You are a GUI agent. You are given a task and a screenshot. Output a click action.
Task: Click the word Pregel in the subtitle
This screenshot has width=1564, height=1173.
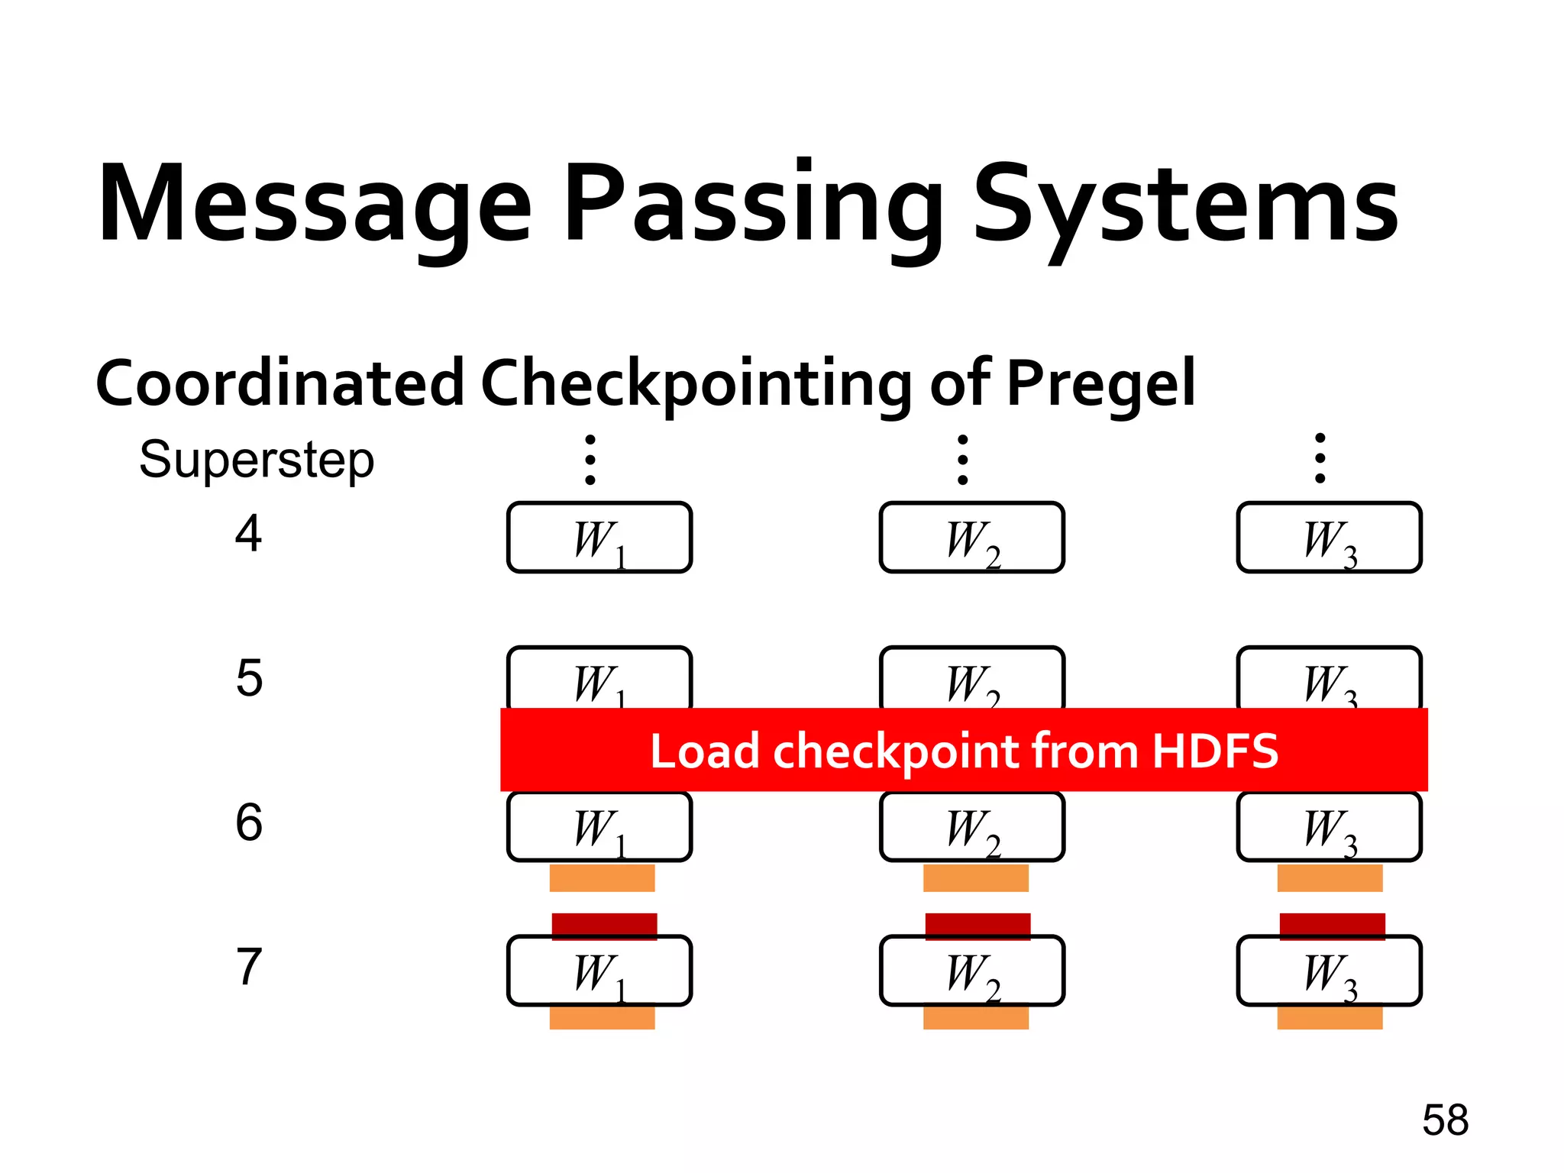click(x=1100, y=384)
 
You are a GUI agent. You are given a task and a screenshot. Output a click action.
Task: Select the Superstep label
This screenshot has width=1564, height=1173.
click(x=257, y=460)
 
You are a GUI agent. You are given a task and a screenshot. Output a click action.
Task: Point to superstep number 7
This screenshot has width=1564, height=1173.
click(x=249, y=967)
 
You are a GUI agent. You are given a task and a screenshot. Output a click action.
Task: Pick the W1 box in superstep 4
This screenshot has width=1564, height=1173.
click(x=599, y=538)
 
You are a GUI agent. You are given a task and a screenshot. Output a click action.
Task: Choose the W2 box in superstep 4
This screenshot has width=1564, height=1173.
click(x=971, y=538)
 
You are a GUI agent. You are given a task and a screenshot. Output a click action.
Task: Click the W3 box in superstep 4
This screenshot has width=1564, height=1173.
click(x=1329, y=538)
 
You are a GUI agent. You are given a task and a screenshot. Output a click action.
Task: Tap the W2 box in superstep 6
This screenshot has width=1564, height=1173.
click(x=971, y=827)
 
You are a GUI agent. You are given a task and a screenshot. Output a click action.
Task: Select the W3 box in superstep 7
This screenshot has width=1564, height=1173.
click(x=1329, y=971)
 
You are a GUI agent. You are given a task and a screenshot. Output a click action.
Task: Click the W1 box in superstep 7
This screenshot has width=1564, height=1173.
click(x=599, y=971)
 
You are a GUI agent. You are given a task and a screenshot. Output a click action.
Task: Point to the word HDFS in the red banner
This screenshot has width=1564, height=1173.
click(x=1215, y=751)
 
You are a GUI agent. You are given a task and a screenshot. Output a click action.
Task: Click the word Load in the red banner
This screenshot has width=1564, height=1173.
click(x=705, y=751)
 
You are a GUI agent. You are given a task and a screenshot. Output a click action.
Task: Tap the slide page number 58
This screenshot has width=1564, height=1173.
click(x=1445, y=1120)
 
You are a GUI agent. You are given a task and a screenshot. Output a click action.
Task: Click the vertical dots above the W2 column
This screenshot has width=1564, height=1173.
click(x=963, y=460)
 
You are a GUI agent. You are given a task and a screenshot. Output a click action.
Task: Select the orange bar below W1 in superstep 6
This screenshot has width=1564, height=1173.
click(x=602, y=878)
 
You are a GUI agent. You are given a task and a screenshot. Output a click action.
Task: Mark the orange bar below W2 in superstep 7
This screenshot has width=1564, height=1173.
click(x=975, y=1018)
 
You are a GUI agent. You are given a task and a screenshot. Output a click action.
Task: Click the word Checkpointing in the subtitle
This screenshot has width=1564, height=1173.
click(x=696, y=384)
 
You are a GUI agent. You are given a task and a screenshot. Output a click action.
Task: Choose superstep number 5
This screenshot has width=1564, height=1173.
click(x=249, y=678)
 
